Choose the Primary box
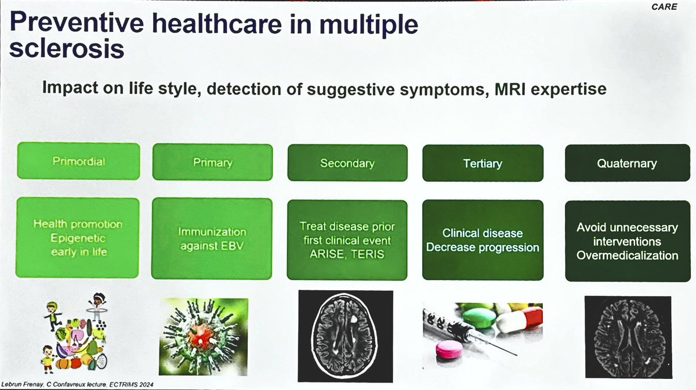pos(212,162)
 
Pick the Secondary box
pos(347,163)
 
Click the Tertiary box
pos(483,164)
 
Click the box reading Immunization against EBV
pos(212,239)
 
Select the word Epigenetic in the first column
pos(78,238)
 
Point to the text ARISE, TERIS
pos(347,253)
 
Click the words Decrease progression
pos(483,248)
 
